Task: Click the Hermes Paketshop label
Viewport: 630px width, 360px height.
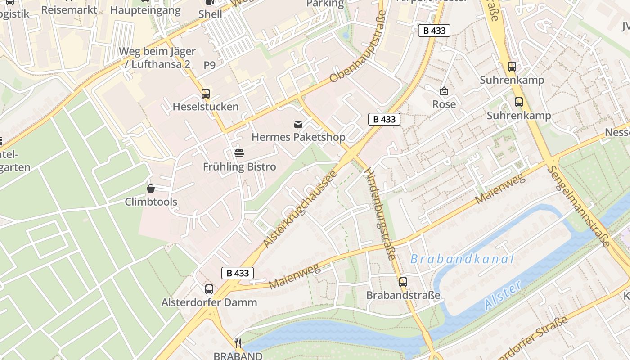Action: [298, 137]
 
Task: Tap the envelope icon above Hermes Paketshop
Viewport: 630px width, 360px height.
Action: [298, 124]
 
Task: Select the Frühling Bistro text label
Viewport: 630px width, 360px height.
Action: [239, 166]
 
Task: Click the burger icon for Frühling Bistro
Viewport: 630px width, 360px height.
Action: [239, 153]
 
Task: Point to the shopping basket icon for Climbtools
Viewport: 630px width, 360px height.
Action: [151, 189]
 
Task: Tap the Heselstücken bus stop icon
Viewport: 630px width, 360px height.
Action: [206, 94]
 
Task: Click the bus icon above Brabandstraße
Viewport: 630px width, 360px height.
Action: [403, 282]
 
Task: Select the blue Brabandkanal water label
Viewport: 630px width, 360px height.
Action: [462, 259]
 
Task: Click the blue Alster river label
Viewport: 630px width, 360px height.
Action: [503, 295]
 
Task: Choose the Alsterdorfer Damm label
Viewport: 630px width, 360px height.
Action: [209, 302]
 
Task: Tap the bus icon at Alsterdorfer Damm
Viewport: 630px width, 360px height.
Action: [209, 289]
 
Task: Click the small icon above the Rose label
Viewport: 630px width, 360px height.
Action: [444, 91]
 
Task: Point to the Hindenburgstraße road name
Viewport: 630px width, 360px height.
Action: [380, 214]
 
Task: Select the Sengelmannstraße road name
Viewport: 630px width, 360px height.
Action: [579, 206]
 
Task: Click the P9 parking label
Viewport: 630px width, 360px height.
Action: [210, 65]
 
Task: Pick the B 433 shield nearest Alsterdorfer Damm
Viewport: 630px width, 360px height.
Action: [238, 273]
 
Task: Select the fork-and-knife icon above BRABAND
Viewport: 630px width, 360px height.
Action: [238, 343]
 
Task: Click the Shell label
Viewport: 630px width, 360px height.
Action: [210, 14]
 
